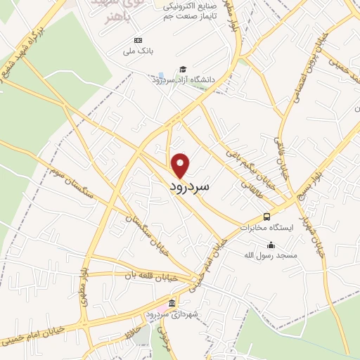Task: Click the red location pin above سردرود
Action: click(181, 165)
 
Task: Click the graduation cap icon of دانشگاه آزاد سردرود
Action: click(183, 70)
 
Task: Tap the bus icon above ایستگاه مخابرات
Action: click(266, 217)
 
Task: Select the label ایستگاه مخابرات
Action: click(264, 228)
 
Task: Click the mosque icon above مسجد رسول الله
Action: click(271, 244)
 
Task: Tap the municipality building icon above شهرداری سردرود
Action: click(172, 303)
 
